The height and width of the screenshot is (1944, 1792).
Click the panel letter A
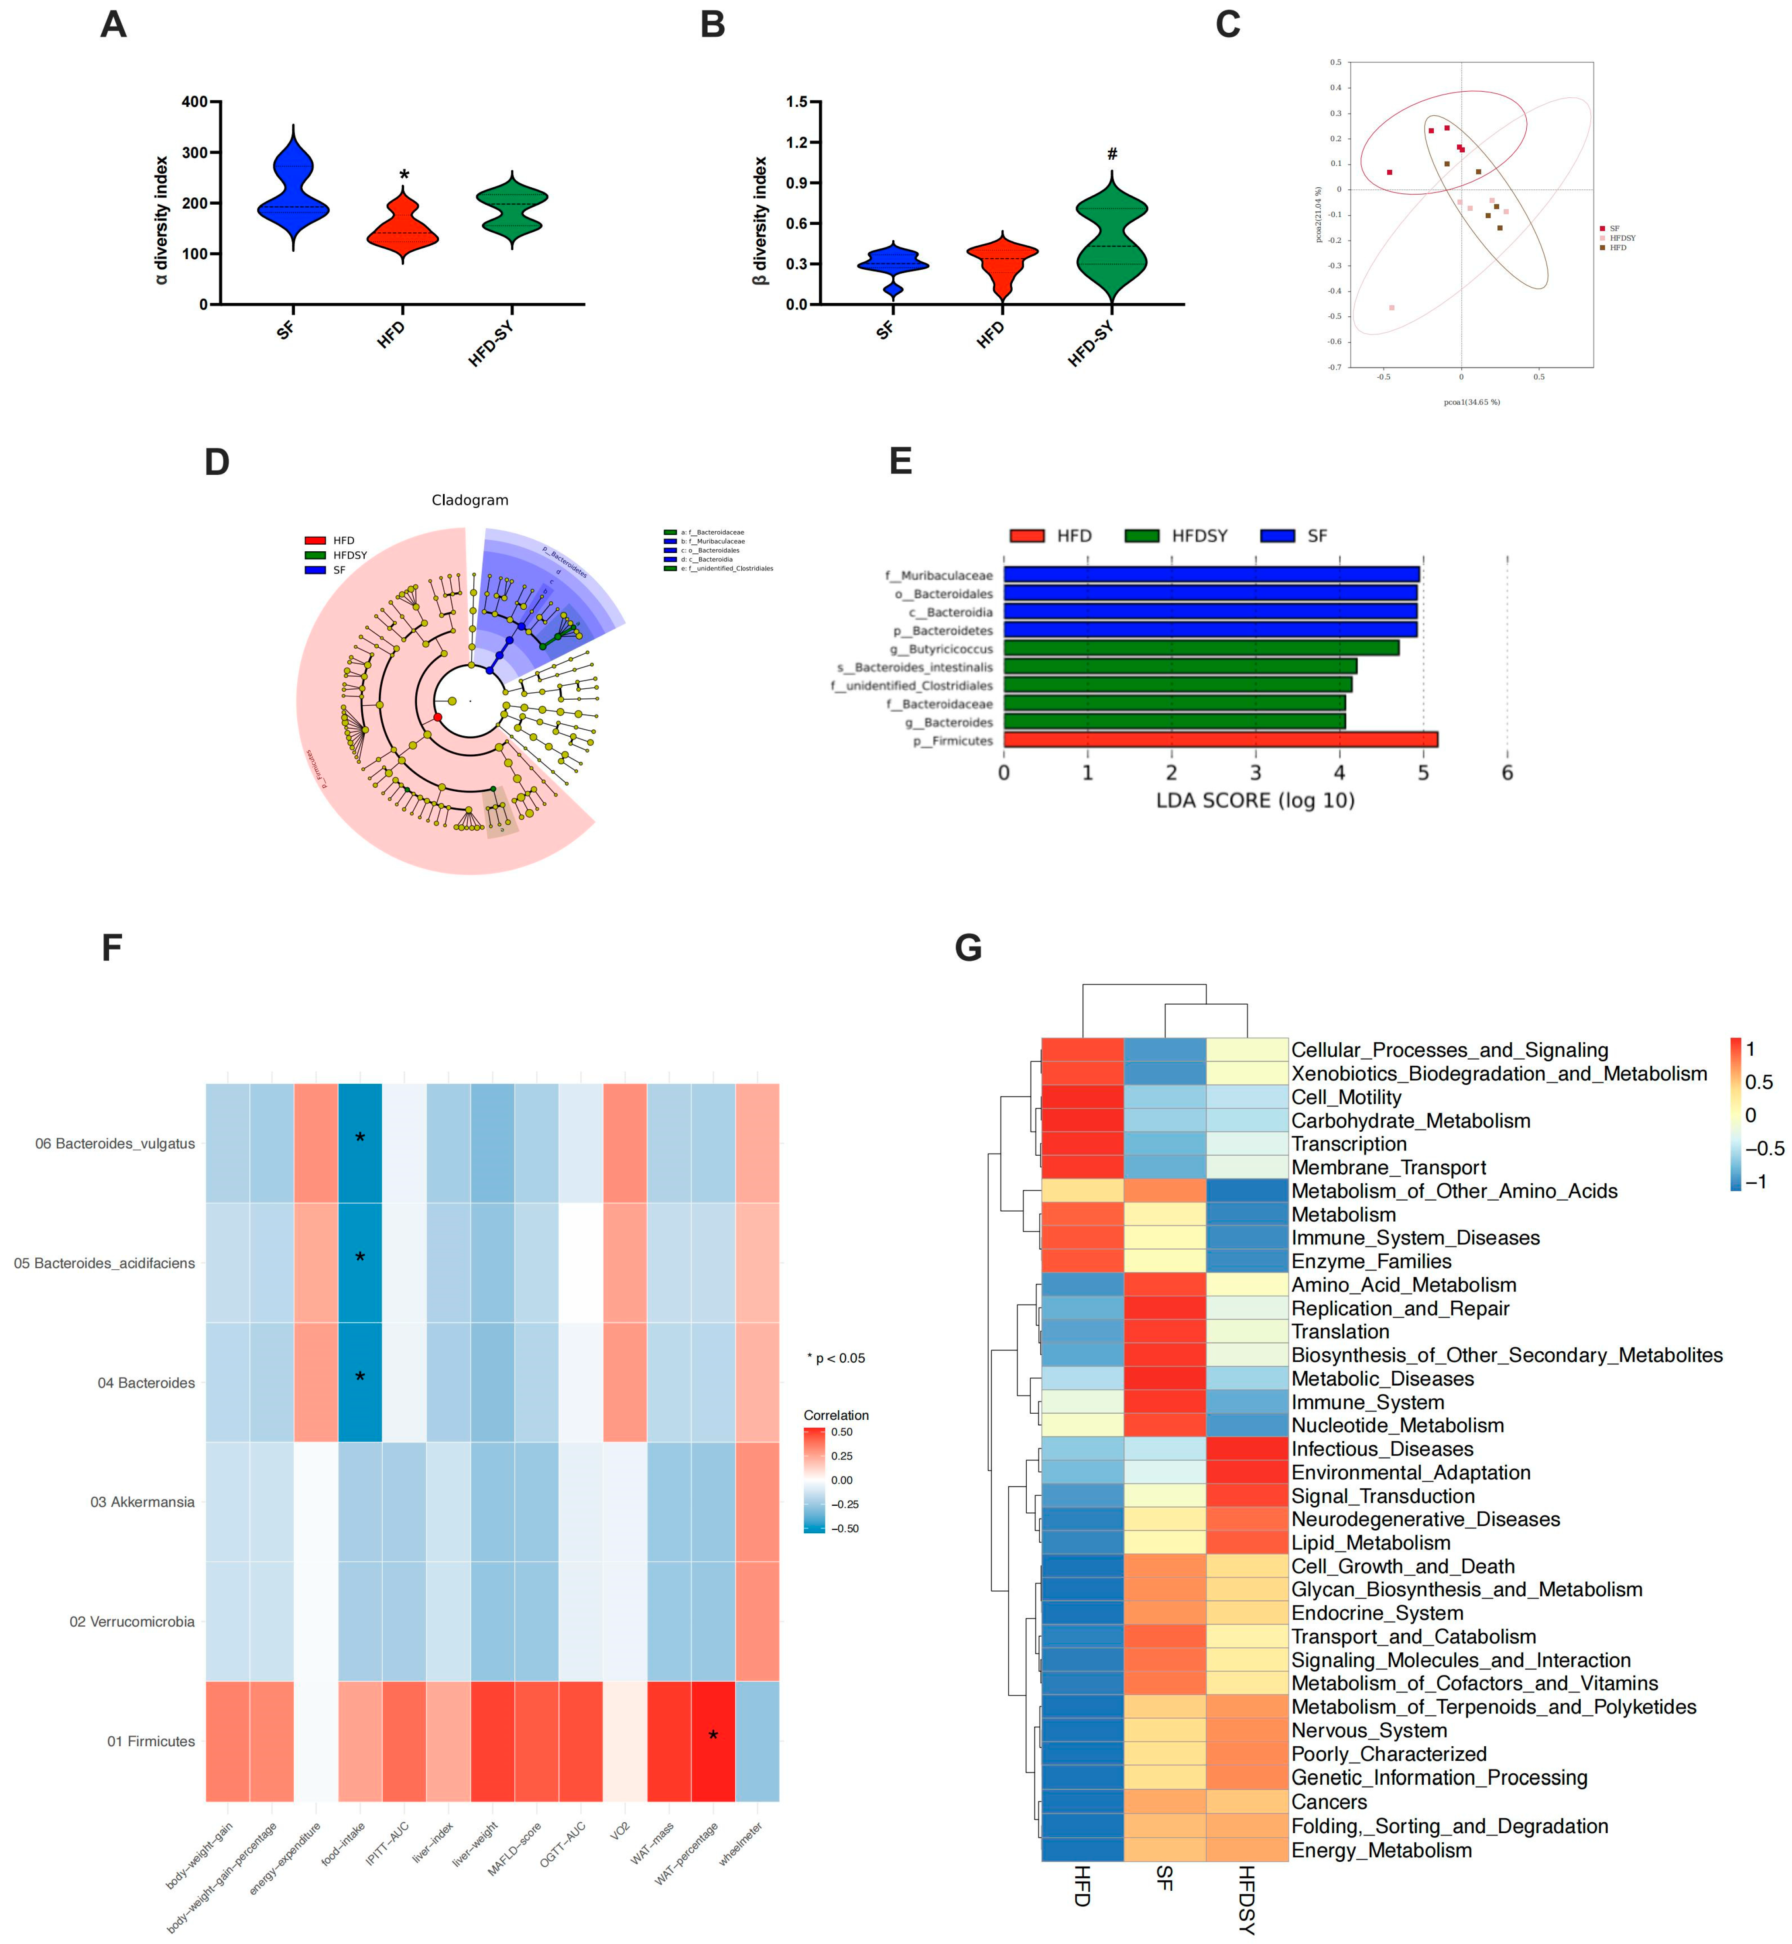(x=113, y=24)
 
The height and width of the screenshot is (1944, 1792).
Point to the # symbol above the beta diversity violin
(x=1112, y=154)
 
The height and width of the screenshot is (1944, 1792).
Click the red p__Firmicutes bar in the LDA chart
(x=1220, y=740)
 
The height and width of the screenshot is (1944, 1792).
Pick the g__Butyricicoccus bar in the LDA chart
(x=1200, y=648)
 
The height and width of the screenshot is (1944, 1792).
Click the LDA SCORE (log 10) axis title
(x=1255, y=800)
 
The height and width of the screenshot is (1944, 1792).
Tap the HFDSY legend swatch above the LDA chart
(x=1142, y=536)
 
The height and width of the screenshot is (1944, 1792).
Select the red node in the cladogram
(x=437, y=717)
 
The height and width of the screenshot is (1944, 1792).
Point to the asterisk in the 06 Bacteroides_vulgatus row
(x=360, y=1138)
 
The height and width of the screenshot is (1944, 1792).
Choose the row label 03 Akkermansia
(x=143, y=1502)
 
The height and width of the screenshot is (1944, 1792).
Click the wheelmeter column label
(x=742, y=1843)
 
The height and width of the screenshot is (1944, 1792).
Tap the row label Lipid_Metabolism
(x=1370, y=1542)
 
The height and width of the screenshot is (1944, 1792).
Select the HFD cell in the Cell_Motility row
(x=1082, y=1097)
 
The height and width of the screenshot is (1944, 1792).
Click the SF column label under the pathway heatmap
(x=1165, y=1879)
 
